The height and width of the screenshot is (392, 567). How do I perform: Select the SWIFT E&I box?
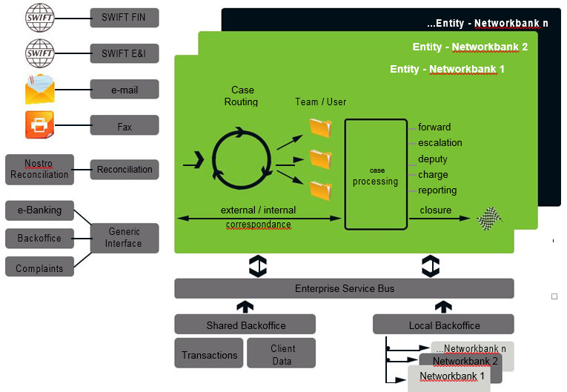click(x=124, y=53)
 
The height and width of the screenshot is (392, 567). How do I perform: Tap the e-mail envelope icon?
click(x=39, y=89)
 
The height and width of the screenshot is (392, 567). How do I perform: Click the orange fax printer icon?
click(x=39, y=124)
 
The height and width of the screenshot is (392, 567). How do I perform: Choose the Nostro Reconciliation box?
click(x=39, y=169)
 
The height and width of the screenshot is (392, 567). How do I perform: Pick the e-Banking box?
click(x=39, y=210)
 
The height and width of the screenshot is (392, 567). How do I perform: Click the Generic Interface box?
click(x=124, y=238)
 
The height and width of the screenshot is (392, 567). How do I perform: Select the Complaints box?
click(x=39, y=268)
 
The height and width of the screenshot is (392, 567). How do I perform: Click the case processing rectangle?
click(x=376, y=174)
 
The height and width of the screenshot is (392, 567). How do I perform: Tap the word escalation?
click(x=440, y=143)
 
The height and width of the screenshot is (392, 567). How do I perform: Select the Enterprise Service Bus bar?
click(x=344, y=288)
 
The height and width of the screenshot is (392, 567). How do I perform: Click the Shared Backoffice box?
click(x=245, y=325)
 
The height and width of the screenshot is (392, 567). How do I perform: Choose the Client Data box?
click(x=282, y=354)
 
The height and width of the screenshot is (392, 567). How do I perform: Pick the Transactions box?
click(x=209, y=354)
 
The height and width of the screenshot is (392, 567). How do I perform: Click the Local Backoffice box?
click(x=443, y=325)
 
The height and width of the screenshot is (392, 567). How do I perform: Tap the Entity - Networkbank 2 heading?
click(x=469, y=47)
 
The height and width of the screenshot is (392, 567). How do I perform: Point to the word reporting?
click(x=437, y=190)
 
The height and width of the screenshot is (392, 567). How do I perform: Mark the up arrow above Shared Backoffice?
click(x=245, y=306)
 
